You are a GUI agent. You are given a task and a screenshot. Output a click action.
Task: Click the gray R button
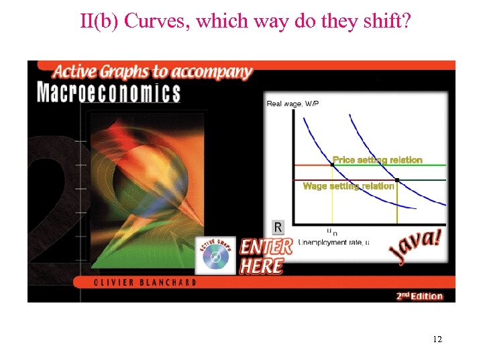[278, 227]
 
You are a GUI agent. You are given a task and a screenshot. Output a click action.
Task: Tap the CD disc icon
[215, 256]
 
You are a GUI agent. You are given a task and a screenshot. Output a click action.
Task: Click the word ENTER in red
[266, 247]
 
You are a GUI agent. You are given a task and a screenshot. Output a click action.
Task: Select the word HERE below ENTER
[262, 266]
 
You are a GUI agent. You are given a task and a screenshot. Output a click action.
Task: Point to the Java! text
[415, 247]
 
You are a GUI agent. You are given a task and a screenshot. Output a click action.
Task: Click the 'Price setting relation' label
[378, 160]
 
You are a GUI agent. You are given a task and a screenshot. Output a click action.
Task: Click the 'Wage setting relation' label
[348, 186]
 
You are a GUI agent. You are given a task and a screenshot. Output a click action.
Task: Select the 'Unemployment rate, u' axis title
[333, 242]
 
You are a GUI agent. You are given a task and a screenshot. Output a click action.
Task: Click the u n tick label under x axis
[331, 232]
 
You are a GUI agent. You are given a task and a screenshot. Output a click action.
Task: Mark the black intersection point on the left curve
[332, 165]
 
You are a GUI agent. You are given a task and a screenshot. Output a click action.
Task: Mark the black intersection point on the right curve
[397, 180]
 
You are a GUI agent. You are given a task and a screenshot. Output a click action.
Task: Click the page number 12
[437, 339]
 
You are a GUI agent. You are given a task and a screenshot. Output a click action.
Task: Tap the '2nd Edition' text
[419, 296]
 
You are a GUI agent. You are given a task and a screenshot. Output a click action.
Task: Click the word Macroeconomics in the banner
[109, 91]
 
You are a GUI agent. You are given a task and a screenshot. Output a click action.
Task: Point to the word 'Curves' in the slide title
[156, 22]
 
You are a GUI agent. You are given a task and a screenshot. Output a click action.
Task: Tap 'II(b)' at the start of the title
[99, 22]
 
